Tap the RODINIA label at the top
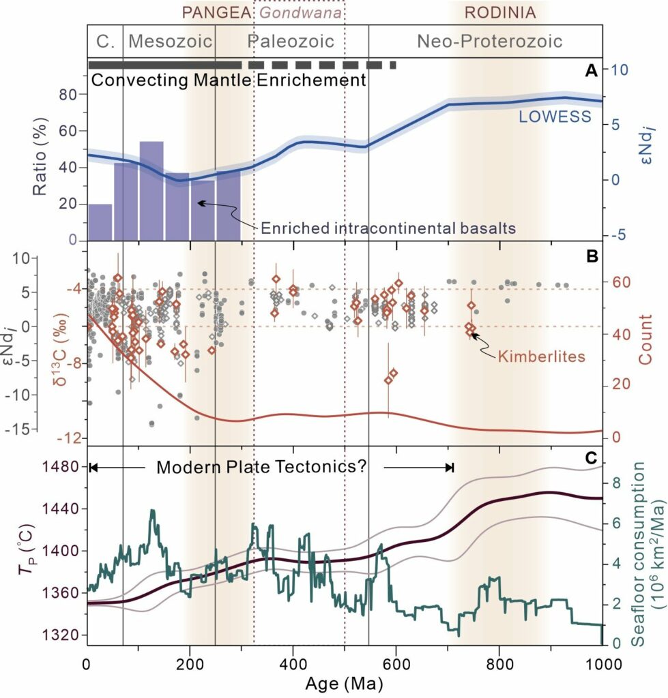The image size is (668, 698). coord(499,12)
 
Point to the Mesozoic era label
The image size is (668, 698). coord(170,42)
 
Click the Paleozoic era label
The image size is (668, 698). coord(291,42)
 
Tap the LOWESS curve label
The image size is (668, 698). coord(554,117)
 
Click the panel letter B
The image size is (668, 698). coord(592,256)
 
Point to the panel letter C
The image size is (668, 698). coord(592,458)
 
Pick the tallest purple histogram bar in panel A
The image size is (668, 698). coord(151,191)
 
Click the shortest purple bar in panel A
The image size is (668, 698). coord(100,222)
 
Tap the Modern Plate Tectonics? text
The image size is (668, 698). coord(262,468)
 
